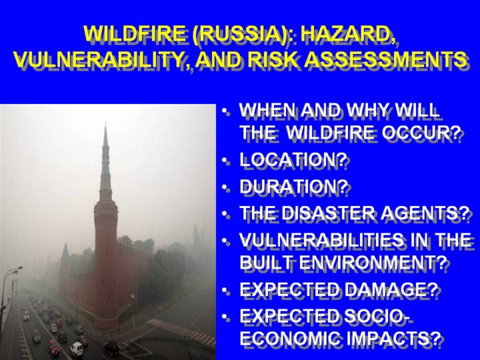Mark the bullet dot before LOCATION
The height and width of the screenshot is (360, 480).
click(226, 161)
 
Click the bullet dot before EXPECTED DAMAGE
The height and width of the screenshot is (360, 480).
click(226, 289)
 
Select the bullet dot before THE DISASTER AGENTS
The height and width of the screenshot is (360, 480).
click(226, 213)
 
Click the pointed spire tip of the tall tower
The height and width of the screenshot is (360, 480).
click(105, 123)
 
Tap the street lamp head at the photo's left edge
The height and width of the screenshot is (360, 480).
click(16, 269)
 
